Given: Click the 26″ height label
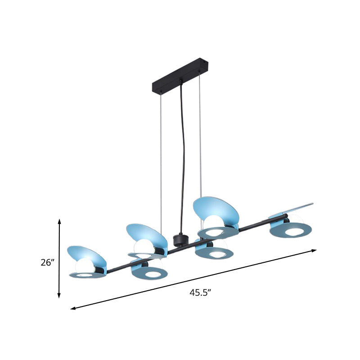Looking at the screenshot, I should (x=47, y=263).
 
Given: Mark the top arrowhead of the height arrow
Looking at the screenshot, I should (x=59, y=220).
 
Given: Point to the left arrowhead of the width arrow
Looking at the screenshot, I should (x=72, y=308).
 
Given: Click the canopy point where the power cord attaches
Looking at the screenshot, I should (x=181, y=81).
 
